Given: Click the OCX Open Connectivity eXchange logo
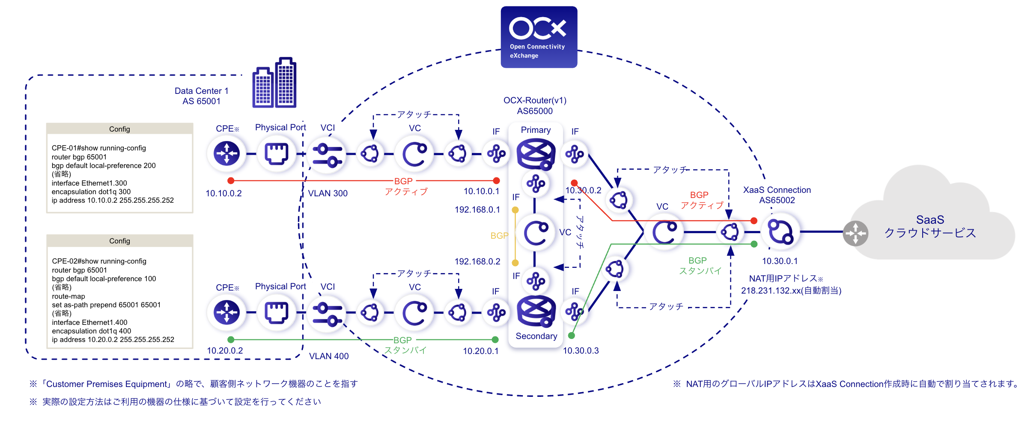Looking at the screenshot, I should [539, 37].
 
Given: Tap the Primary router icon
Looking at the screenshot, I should [536, 154].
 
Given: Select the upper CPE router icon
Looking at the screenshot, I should [226, 153].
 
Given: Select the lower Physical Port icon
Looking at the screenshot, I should [277, 312].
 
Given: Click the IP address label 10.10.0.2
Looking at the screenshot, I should [223, 193].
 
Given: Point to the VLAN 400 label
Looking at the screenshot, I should [329, 356].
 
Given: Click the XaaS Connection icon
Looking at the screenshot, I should [780, 232].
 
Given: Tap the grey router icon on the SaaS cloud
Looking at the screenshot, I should [855, 233].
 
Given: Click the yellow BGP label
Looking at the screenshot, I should [499, 236].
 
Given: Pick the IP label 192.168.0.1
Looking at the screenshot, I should [477, 210].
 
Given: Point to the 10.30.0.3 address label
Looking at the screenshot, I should [581, 351].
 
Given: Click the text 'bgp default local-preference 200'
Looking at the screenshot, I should [104, 165].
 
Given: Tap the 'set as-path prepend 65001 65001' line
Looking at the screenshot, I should [106, 305].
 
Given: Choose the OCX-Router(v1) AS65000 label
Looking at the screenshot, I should [535, 105].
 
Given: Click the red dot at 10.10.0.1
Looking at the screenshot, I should [496, 180].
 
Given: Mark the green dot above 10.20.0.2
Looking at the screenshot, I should [231, 339].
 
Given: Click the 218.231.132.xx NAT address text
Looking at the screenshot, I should [791, 291].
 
